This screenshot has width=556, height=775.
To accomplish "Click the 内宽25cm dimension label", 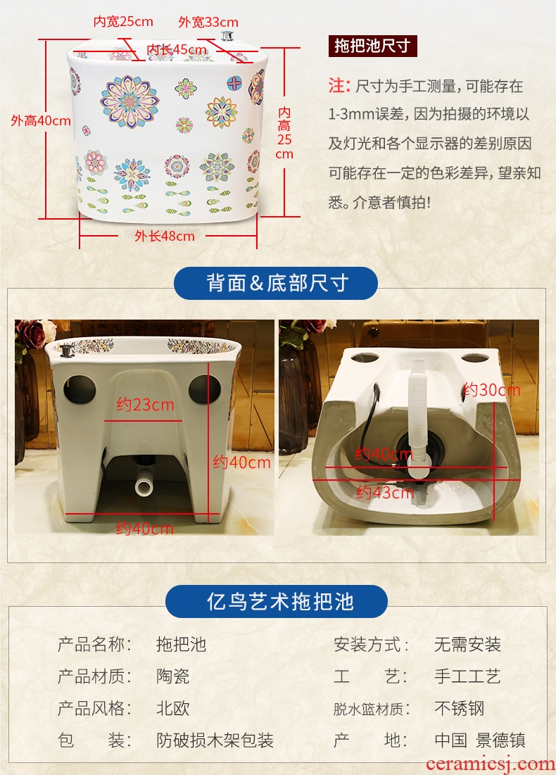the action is click(x=123, y=22).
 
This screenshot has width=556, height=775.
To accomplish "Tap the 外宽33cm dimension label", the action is click(x=208, y=23).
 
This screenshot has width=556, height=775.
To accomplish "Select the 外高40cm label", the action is click(x=41, y=120).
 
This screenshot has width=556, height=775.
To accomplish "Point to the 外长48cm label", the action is click(x=165, y=237).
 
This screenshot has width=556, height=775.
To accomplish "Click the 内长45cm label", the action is click(x=177, y=49).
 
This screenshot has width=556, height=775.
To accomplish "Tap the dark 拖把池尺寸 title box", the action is click(x=372, y=46).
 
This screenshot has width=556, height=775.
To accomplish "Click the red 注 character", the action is click(x=339, y=86).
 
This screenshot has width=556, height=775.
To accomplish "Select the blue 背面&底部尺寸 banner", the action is click(x=276, y=283).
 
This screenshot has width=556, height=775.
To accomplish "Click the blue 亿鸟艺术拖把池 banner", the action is click(x=277, y=602).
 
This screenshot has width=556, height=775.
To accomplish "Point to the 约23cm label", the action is click(x=145, y=405).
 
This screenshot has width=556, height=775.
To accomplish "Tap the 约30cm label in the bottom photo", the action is click(x=491, y=390).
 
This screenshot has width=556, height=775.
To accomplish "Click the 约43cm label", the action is click(x=385, y=492).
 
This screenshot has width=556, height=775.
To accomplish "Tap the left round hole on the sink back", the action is click(x=80, y=389).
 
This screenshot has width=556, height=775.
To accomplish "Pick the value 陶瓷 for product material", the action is click(x=173, y=676).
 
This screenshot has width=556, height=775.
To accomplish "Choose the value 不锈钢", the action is click(x=459, y=708).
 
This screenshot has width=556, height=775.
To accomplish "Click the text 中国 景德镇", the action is click(x=480, y=741).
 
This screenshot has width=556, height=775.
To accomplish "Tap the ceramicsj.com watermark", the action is click(x=491, y=764).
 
